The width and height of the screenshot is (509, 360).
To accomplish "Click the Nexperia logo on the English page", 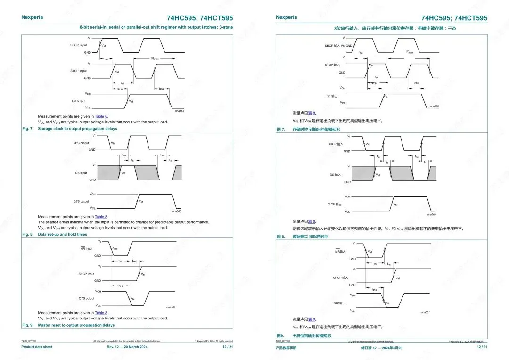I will tap(32, 17).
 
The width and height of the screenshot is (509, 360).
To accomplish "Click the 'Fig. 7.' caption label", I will tap(28, 129).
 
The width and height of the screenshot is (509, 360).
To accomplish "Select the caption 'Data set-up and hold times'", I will tap(63, 234).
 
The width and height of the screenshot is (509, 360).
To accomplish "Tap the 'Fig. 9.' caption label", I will tap(28, 325).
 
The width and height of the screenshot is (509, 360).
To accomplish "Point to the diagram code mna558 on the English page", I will tap(180, 111).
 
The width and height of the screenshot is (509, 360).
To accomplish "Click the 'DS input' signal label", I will tap(81, 173).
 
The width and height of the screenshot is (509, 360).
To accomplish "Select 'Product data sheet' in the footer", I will tap(37, 347).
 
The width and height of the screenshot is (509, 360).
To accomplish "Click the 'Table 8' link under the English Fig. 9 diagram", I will tap(101, 313).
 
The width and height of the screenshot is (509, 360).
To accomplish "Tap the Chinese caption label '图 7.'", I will tap(281, 129).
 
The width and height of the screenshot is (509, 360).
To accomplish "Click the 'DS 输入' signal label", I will tap(335, 175).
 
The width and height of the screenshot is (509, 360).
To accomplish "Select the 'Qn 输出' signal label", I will tap(332, 96).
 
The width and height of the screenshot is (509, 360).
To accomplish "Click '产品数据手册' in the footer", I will tap(287, 347).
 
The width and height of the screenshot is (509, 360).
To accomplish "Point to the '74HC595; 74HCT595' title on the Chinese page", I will tap(454, 18).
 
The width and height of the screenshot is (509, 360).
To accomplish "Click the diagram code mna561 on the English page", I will tap(170, 307).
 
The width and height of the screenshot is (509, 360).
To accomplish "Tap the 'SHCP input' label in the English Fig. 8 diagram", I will tap(81, 143).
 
